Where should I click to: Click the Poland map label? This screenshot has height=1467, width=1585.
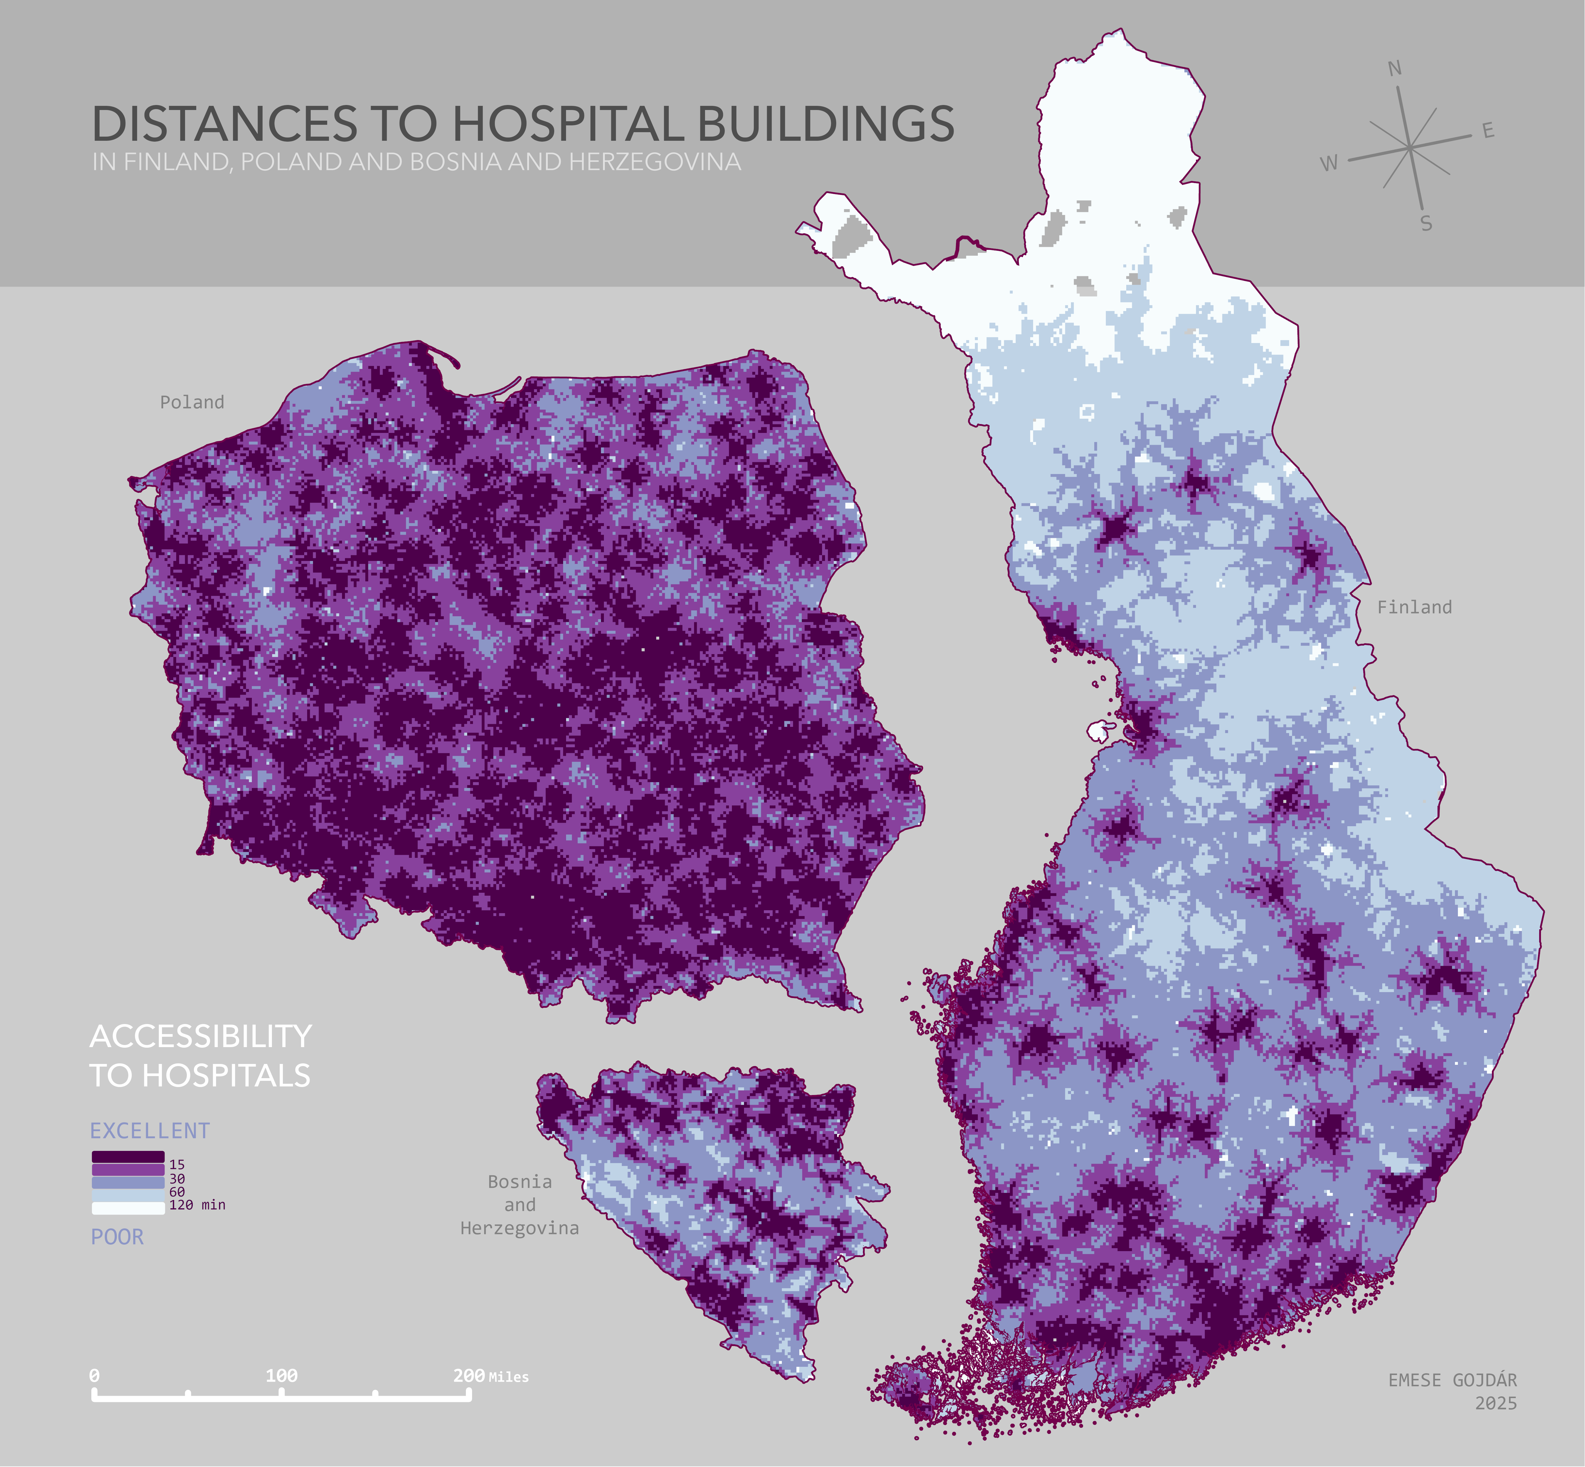pyautogui.click(x=192, y=402)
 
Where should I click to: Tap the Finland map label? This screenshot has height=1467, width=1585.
pyautogui.click(x=1414, y=607)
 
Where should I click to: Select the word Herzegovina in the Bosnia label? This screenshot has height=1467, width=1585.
pyautogui.click(x=520, y=1228)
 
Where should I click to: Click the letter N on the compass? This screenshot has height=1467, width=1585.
pyautogui.click(x=1395, y=69)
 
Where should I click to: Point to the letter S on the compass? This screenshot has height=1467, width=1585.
pyautogui.click(x=1426, y=224)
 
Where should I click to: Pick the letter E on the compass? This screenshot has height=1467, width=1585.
pyautogui.click(x=1488, y=131)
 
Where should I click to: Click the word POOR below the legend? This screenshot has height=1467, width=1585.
pyautogui.click(x=117, y=1237)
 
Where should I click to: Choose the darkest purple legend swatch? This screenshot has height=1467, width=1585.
pyautogui.click(x=128, y=1157)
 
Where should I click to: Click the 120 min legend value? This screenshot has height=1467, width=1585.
pyautogui.click(x=197, y=1205)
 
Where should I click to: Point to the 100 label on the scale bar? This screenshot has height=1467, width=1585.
pyautogui.click(x=282, y=1376)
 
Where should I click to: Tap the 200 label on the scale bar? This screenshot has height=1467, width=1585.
pyautogui.click(x=468, y=1376)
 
